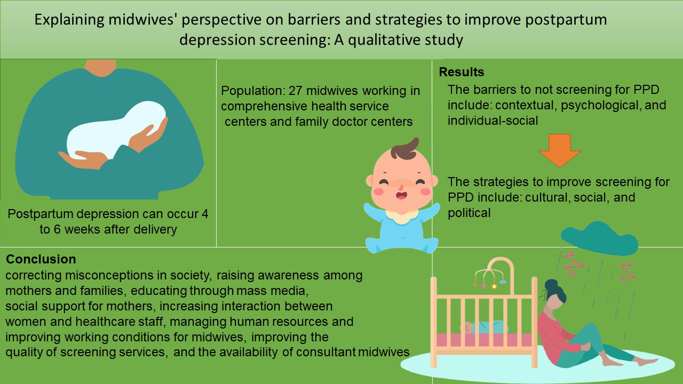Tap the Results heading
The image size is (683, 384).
(x=462, y=72)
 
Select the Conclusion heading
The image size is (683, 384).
(x=41, y=259)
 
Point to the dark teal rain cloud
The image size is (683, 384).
(x=599, y=239)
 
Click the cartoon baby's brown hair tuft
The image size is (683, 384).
(x=405, y=149)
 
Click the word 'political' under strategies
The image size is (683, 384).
(x=469, y=213)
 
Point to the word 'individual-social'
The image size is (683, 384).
(x=493, y=121)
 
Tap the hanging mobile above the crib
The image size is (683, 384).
(x=490, y=274)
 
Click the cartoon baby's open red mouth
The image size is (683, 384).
(x=402, y=195)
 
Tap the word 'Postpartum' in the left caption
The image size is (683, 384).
(x=40, y=214)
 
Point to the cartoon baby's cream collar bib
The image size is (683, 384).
(x=402, y=215)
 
